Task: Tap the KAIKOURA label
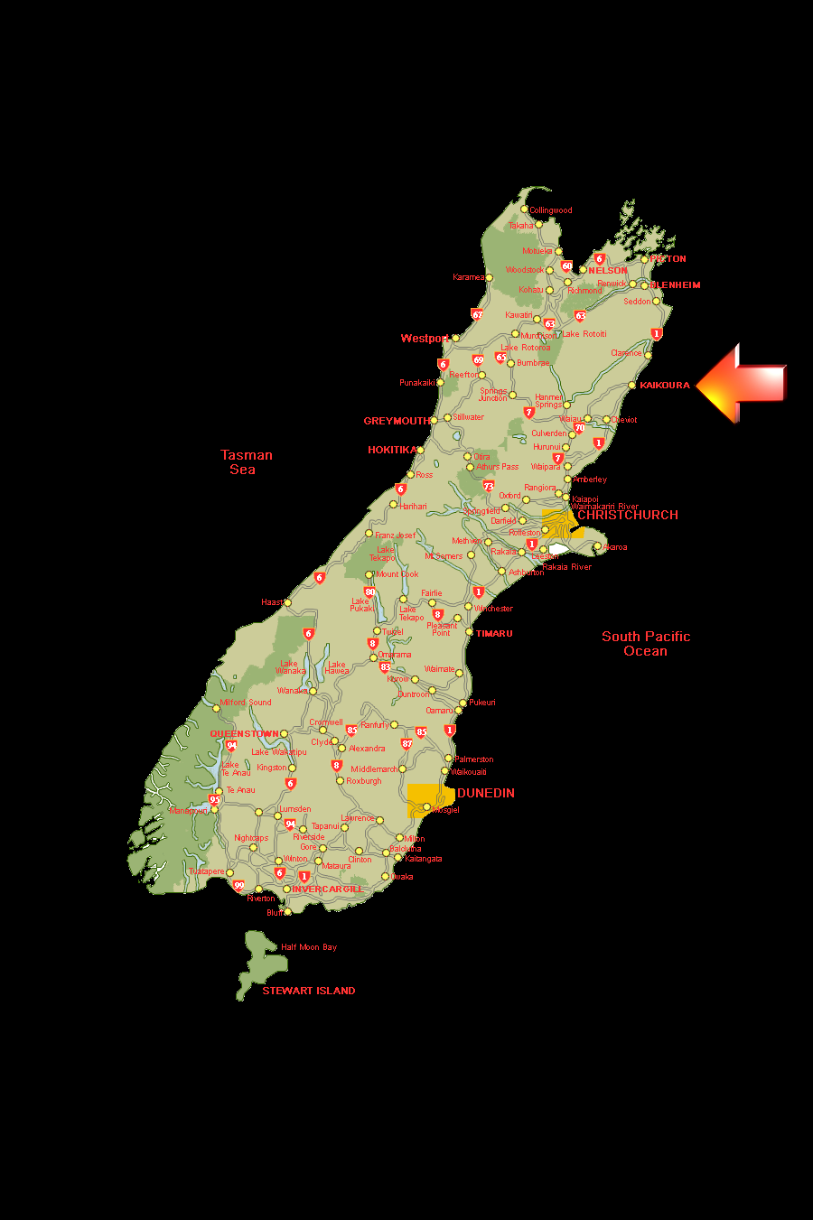[665, 386]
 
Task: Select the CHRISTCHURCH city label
[628, 515]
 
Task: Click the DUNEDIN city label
[486, 793]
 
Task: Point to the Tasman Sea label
[246, 462]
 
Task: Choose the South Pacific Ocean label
[646, 644]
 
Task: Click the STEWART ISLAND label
[309, 991]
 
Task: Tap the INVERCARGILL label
[326, 889]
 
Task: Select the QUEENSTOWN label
[244, 734]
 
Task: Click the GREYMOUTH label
[397, 421]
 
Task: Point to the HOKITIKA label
[392, 450]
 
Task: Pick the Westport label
[425, 339]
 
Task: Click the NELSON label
[608, 270]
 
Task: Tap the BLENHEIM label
[676, 284]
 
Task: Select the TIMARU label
[494, 634]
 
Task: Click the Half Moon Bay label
[309, 947]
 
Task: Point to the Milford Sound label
[246, 702]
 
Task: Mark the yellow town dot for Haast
[287, 602]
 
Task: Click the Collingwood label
[551, 210]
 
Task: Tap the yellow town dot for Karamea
[490, 277]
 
